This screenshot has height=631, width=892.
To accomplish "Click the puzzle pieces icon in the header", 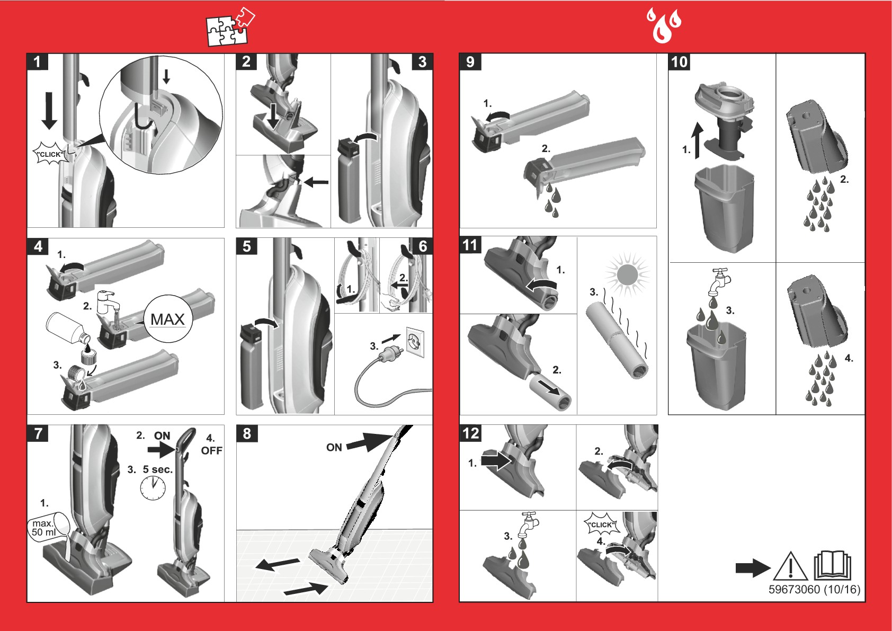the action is click(230, 26).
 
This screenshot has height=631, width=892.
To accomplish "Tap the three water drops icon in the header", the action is click(664, 25).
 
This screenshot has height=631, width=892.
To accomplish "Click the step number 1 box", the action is click(38, 62).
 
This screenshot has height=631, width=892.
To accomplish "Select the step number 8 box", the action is click(247, 433).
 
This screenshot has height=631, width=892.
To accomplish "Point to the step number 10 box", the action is click(679, 62).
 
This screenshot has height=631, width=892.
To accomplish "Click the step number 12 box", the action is click(471, 433).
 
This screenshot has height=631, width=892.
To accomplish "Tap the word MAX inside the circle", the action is click(168, 319).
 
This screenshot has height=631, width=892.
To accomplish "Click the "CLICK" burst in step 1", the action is click(50, 154).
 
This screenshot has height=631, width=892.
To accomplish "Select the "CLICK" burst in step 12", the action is click(602, 524).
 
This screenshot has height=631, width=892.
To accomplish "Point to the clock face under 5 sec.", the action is click(153, 488).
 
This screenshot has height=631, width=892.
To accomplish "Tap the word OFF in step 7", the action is click(212, 450).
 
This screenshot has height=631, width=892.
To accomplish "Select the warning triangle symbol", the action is click(790, 566).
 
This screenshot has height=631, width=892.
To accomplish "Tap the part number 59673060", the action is click(794, 590).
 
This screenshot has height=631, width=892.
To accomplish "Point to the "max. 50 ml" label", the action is click(43, 528).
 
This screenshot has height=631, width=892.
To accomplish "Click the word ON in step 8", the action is click(334, 448).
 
